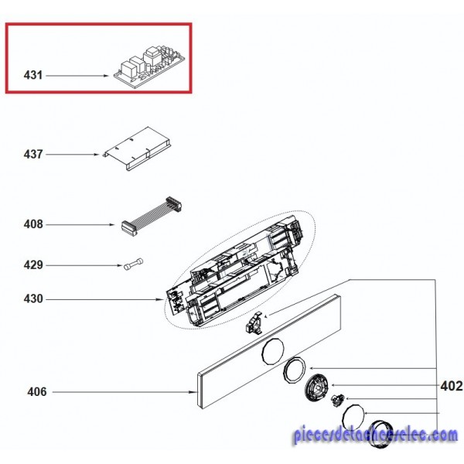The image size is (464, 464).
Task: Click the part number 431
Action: coord(33,75)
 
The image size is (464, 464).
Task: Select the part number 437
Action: coord(33,154)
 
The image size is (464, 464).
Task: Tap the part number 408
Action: coord(33,224)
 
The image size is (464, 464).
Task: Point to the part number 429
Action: coord(33,264)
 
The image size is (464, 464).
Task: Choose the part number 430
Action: coord(33,299)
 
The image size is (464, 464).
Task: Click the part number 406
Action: coord(37,392)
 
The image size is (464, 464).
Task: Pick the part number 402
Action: coord(452,386)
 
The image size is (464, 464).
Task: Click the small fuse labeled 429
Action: coord(133,264)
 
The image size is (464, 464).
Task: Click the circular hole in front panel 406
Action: coord(273,351)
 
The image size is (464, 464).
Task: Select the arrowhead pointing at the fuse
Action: coord(120,265)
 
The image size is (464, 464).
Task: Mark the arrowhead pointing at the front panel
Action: coord(194,392)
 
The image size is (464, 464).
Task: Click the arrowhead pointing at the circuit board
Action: coord(107,76)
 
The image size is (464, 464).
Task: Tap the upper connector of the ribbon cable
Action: coord(174,203)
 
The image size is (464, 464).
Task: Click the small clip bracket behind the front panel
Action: coord(254,324)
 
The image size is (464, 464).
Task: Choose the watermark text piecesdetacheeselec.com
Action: coord(375,436)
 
